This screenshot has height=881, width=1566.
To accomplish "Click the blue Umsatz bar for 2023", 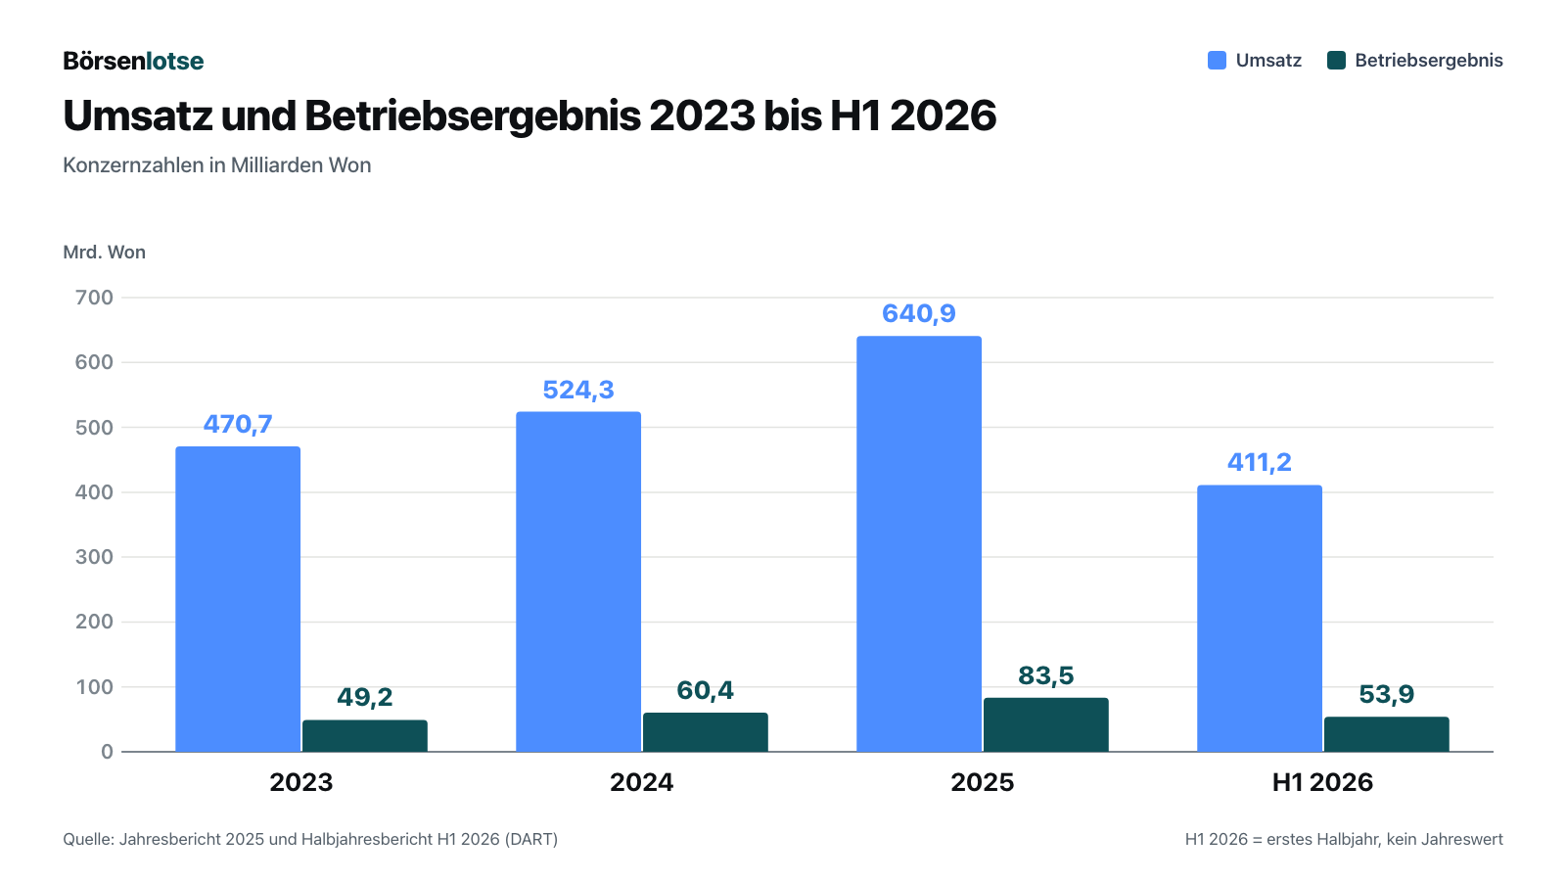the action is (238, 599).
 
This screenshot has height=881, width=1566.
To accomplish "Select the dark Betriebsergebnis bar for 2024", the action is (706, 732).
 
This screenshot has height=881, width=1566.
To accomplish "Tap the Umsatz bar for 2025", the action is (919, 544).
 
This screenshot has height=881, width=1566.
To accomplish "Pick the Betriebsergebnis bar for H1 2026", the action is (1386, 734).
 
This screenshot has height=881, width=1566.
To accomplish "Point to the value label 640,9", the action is (919, 313).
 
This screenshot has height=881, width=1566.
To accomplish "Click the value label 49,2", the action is (365, 697).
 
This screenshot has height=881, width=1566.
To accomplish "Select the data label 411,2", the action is (1259, 462).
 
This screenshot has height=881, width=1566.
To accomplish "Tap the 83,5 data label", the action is (1046, 675).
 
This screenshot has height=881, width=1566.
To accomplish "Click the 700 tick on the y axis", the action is (94, 298).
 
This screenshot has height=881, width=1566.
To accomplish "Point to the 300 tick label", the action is (94, 557).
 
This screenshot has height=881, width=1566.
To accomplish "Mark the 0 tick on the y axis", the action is (107, 752).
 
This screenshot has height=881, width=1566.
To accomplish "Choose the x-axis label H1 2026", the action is (1322, 782).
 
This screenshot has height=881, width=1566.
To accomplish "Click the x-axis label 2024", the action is (642, 782).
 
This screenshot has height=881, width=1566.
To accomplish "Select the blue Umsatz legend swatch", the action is (1218, 60).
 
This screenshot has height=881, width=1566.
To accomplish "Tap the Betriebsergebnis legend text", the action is (1429, 60).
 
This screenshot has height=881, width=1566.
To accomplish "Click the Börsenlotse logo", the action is (133, 61).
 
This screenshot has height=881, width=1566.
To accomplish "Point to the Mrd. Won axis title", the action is (104, 252).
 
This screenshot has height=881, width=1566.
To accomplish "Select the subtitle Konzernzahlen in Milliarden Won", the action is (216, 165).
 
